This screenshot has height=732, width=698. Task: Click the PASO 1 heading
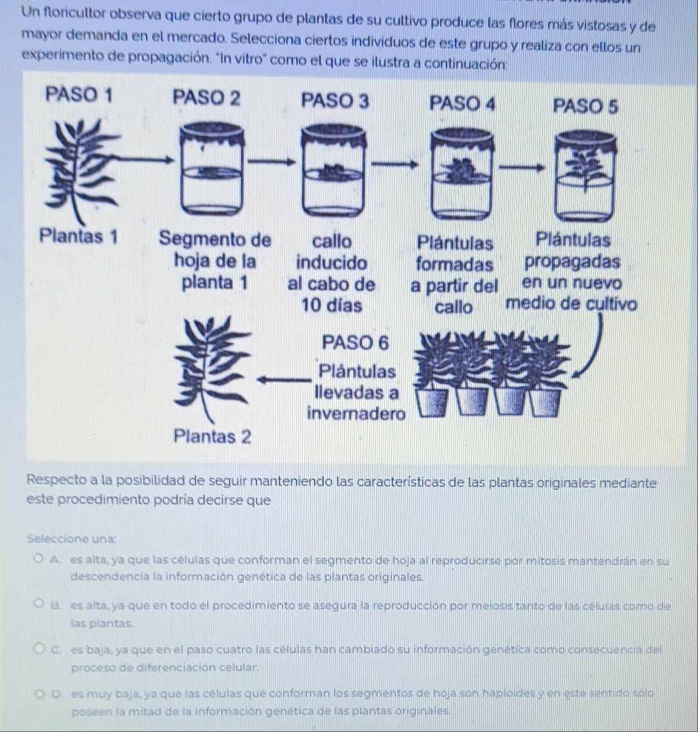pos(79,95)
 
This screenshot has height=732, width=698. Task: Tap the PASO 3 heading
pos(335,101)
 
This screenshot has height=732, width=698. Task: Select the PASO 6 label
pos(355,343)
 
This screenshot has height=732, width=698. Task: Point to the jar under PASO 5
pos(585,176)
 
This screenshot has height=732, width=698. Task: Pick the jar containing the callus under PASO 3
pos(334,171)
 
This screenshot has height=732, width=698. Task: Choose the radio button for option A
pos(39,558)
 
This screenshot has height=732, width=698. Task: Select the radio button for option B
pos(39,604)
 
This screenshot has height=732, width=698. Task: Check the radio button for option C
pos(39,648)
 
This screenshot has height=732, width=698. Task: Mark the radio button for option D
pos(40,693)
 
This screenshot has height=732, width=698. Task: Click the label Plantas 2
pos(212,437)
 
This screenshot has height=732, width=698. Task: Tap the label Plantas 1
pos(79,236)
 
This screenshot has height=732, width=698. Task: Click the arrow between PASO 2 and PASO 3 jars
pos(271,162)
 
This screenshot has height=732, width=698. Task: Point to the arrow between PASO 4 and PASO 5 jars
pos(521,166)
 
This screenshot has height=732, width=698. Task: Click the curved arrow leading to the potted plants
pos(596,347)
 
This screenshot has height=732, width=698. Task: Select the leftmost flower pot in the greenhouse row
pos(432,402)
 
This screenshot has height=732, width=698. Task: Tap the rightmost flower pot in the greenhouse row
pos(544,401)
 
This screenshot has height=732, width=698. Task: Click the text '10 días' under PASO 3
pos(332,306)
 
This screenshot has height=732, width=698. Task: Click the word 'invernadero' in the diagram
pos(357,414)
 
